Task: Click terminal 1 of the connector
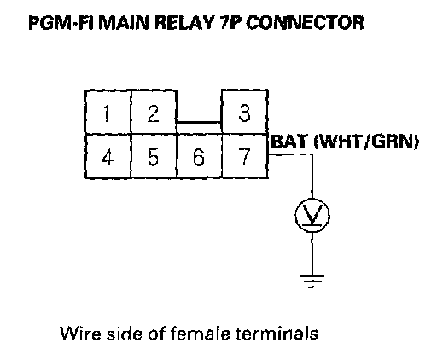pyautogui.click(x=108, y=112)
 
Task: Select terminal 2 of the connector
pyautogui.click(x=154, y=112)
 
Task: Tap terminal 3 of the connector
pyautogui.click(x=245, y=112)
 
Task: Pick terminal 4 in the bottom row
pyautogui.click(x=108, y=156)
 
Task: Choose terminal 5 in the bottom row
pyautogui.click(x=154, y=156)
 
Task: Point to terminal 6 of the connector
pyautogui.click(x=199, y=156)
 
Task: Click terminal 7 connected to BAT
pyautogui.click(x=245, y=156)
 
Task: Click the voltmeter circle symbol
pyautogui.click(x=312, y=215)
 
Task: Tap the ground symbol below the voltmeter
pyautogui.click(x=312, y=282)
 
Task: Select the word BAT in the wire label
pyautogui.click(x=290, y=142)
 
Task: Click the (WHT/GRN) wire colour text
pyautogui.click(x=366, y=142)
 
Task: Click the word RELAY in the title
pyautogui.click(x=184, y=23)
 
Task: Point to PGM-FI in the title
pyautogui.click(x=61, y=23)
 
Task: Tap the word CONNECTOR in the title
pyautogui.click(x=306, y=23)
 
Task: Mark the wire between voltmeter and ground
pyautogui.click(x=312, y=253)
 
